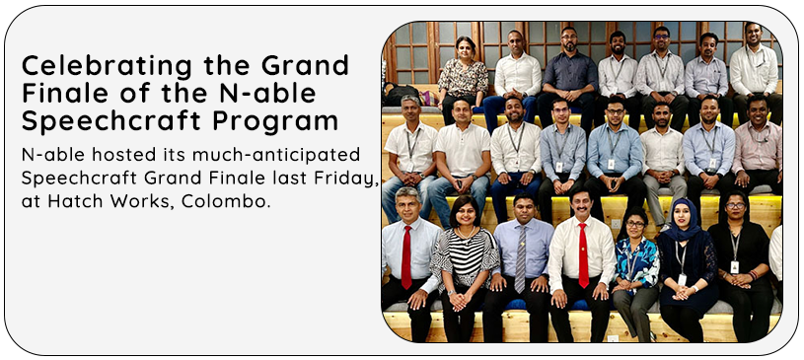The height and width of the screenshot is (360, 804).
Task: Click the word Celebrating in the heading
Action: [x=107, y=66]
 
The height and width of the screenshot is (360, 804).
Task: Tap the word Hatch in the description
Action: [x=70, y=200]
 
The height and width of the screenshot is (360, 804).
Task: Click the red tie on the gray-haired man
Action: [x=406, y=256]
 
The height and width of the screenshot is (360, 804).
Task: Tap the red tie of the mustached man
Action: [x=583, y=254]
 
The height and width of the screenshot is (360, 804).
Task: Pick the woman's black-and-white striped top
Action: [x=464, y=257]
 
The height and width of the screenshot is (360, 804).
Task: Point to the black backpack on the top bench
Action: [x=401, y=96]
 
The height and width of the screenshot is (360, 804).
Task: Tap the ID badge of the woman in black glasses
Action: [x=735, y=267]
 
